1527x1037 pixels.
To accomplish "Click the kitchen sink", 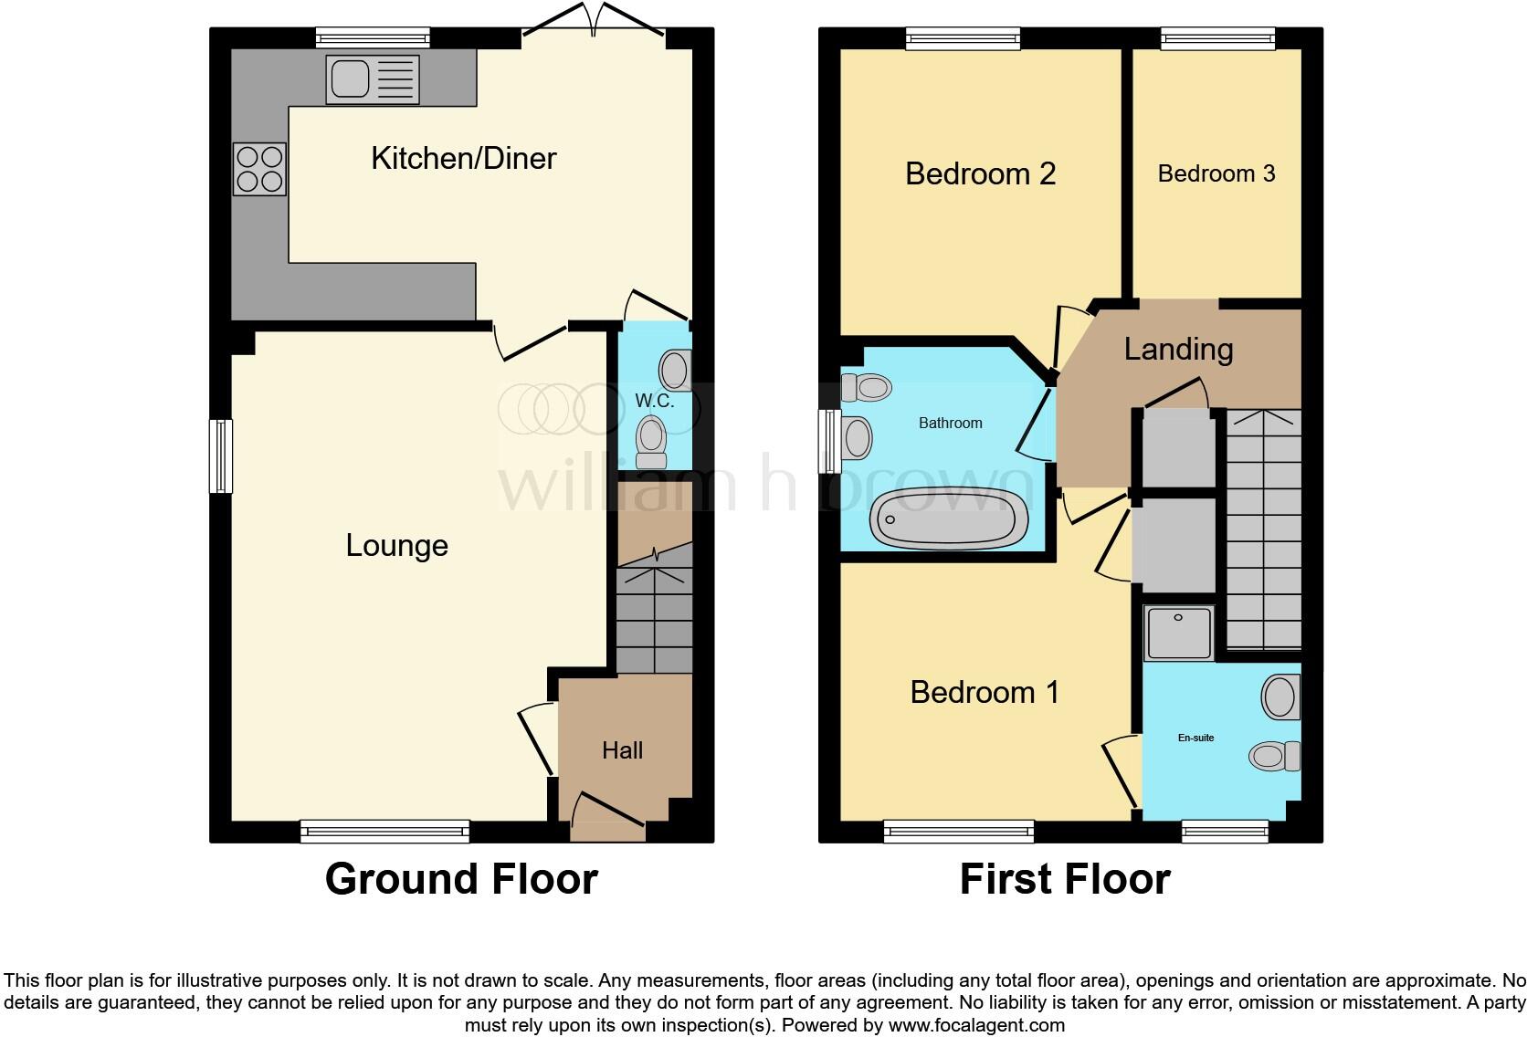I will (x=373, y=79).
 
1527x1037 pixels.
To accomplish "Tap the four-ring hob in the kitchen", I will (x=260, y=169).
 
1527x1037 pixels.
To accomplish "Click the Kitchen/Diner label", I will (x=463, y=158).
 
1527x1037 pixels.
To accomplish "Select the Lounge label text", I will (x=396, y=545).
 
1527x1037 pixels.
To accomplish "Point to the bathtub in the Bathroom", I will (x=950, y=518).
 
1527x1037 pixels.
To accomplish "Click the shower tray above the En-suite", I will (x=1179, y=633).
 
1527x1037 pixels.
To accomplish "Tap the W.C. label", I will (x=654, y=401).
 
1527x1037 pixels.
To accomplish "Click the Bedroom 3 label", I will (x=1216, y=173).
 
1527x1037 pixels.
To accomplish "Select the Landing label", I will (x=1178, y=349).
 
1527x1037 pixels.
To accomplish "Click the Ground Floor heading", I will (x=461, y=879).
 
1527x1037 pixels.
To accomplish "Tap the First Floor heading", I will (x=1065, y=879).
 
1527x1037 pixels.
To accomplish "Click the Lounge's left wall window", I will (x=221, y=456).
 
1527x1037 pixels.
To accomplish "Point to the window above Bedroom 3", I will (x=1217, y=37).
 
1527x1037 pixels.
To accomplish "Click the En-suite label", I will (x=1195, y=738).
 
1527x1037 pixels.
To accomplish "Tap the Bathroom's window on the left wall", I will (x=829, y=440).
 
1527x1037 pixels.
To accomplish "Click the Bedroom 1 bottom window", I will (x=958, y=831).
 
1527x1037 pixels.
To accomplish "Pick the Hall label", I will (x=622, y=750).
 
